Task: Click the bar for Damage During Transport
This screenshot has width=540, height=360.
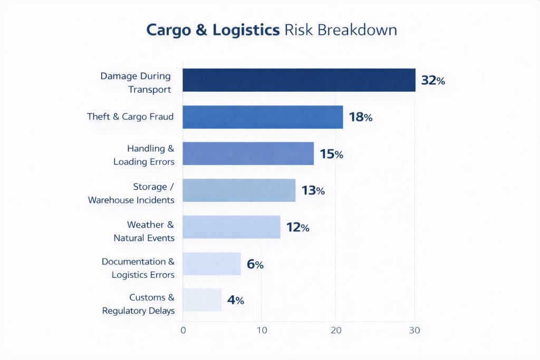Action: [299, 80]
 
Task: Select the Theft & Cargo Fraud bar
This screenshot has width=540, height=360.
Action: [263, 117]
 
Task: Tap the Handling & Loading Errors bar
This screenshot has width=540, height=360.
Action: [248, 153]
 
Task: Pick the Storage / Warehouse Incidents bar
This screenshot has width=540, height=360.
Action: [239, 190]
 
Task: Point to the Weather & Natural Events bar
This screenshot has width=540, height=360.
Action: [232, 227]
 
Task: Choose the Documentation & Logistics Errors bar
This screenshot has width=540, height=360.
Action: [211, 264]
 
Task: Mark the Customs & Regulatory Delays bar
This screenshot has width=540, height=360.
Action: [202, 300]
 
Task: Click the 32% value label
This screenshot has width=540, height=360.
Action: [433, 81]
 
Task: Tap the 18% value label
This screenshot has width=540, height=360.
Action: [361, 117]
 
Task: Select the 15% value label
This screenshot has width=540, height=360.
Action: [331, 154]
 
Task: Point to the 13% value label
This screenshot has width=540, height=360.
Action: [313, 191]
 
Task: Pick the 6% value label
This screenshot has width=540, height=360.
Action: [255, 265]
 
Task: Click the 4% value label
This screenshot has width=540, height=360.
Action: [236, 300]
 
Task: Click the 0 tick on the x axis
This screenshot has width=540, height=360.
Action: [183, 330]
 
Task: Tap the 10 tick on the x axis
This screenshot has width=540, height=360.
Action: [260, 330]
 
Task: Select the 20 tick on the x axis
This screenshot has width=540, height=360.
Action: [336, 330]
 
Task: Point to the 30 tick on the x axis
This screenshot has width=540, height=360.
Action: [414, 330]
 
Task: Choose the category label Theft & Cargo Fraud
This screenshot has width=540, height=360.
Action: [130, 116]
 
